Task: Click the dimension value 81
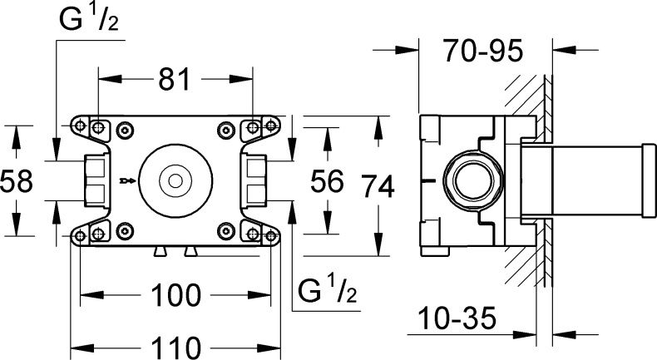click(175, 80)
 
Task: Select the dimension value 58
click(17, 180)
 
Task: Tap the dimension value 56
click(326, 180)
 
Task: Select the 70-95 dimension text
click(482, 52)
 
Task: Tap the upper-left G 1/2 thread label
click(88, 21)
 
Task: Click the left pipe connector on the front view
click(95, 180)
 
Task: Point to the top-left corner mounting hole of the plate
click(81, 127)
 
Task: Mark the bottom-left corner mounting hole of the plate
click(81, 234)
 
